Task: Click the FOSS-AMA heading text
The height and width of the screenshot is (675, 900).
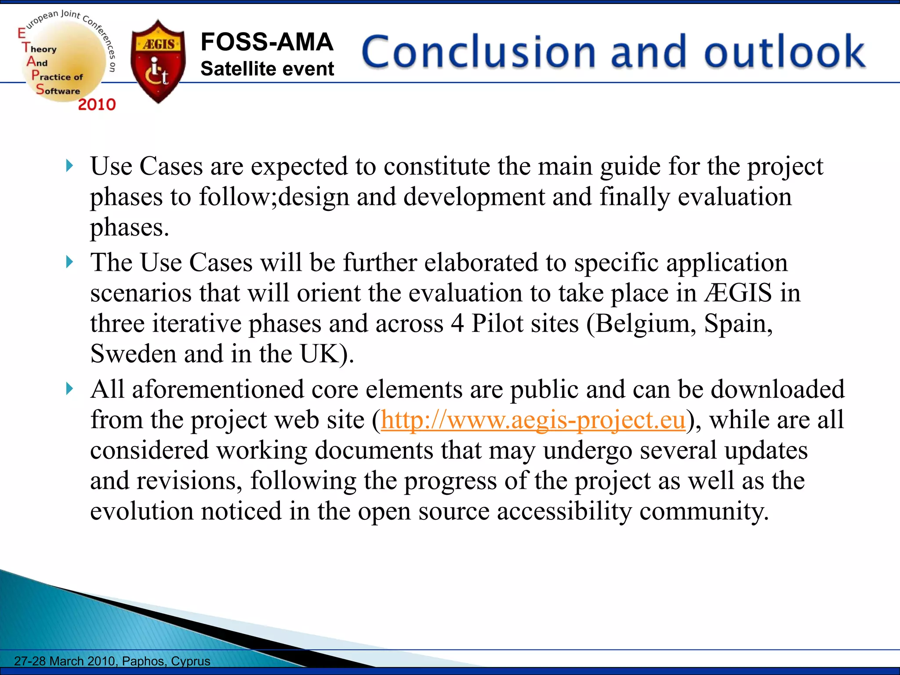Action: pyautogui.click(x=267, y=42)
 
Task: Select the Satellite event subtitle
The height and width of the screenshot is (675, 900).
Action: pyautogui.click(x=267, y=69)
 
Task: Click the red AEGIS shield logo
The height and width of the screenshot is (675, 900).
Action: pyautogui.click(x=158, y=62)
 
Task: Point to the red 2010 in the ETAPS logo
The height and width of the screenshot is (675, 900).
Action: pyautogui.click(x=97, y=105)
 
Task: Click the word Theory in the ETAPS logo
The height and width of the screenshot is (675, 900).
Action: pyautogui.click(x=40, y=48)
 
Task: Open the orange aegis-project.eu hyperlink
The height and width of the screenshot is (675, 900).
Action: pyautogui.click(x=533, y=420)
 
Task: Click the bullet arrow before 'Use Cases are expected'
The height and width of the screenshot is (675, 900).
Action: pyautogui.click(x=69, y=166)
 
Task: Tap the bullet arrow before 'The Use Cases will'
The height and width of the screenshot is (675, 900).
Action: pyautogui.click(x=69, y=262)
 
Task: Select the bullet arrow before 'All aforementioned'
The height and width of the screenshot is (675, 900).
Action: pyautogui.click(x=69, y=389)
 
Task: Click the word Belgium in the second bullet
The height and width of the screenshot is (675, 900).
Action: pyautogui.click(x=645, y=324)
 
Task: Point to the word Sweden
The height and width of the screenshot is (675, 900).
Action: pyautogui.click(x=133, y=354)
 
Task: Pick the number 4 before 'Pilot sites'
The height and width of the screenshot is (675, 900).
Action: pyautogui.click(x=457, y=324)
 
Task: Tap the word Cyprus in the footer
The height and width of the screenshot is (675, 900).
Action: pyautogui.click(x=190, y=661)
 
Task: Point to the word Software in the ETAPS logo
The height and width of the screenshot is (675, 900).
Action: pyautogui.click(x=58, y=91)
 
